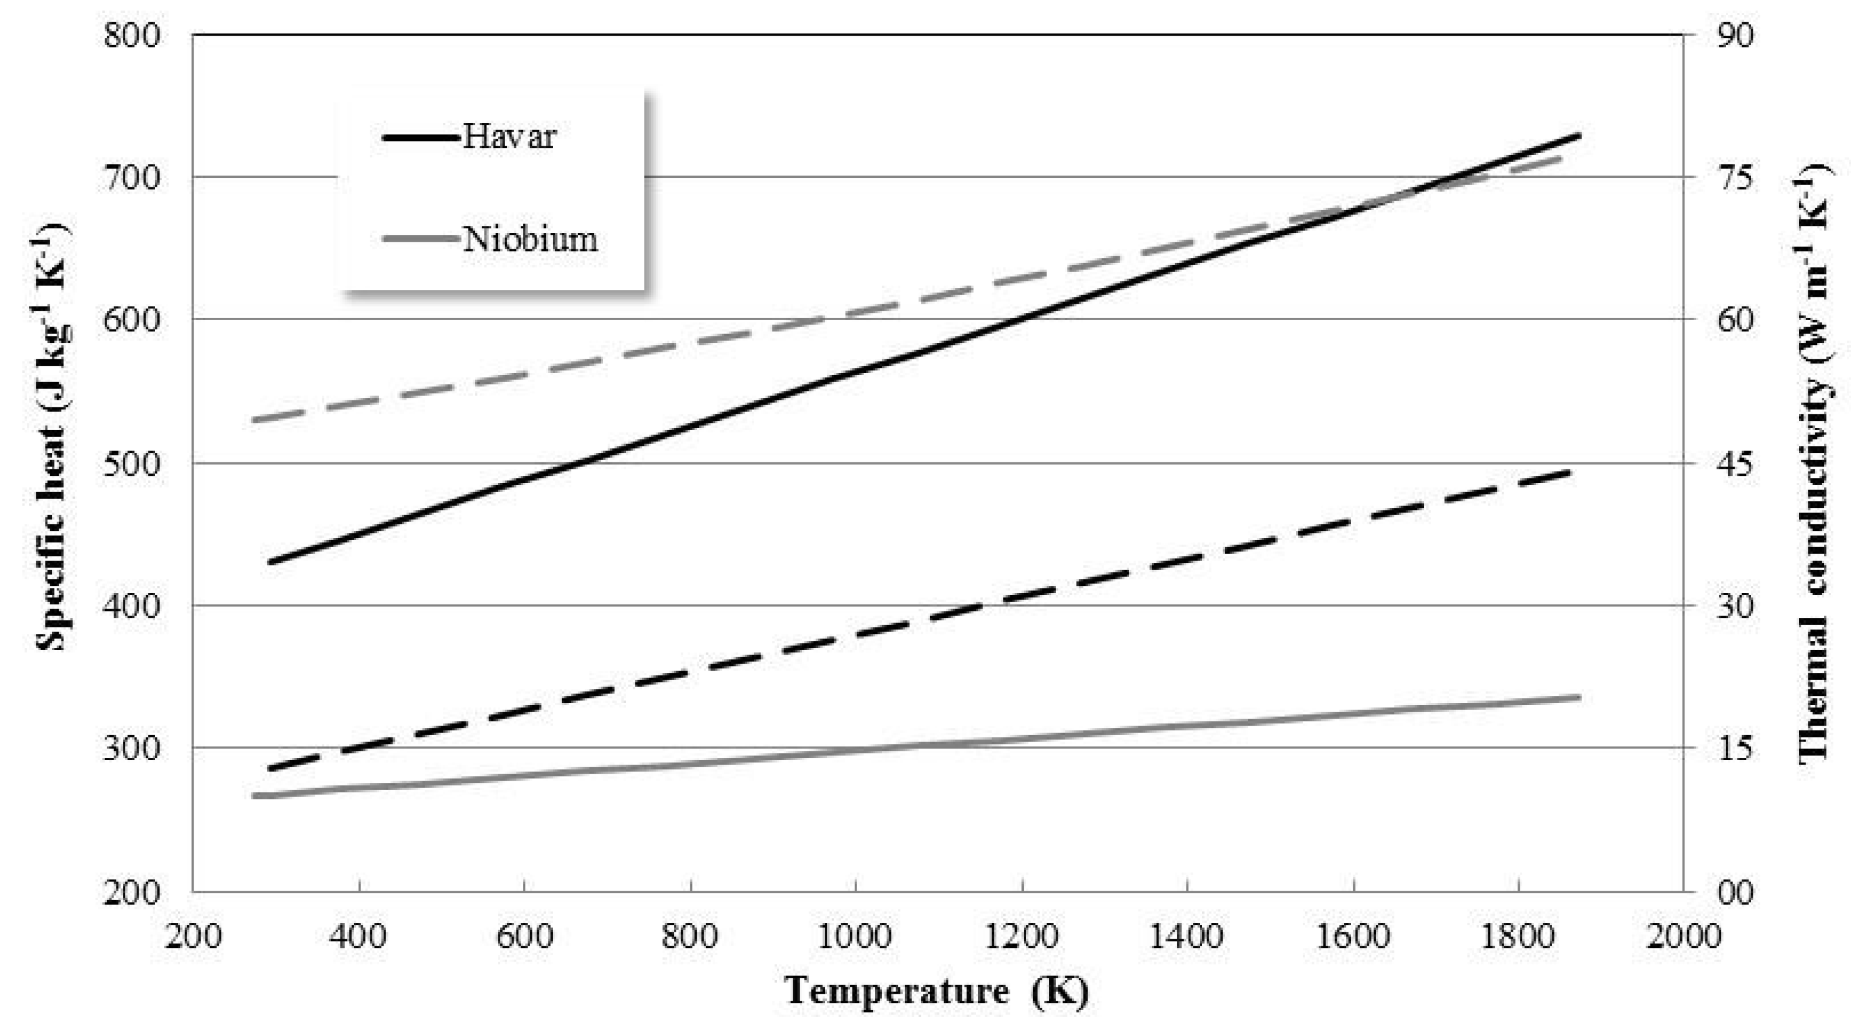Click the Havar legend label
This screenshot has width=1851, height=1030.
coord(509,136)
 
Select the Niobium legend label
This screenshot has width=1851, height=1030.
coord(529,239)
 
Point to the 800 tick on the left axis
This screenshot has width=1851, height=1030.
coord(132,35)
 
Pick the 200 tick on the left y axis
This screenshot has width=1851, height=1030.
coord(132,892)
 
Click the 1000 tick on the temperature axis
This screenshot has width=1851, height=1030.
coord(855,936)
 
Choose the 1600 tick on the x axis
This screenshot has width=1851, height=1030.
coord(1353,936)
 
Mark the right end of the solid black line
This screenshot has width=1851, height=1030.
coord(1580,135)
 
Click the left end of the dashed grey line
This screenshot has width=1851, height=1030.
coord(253,420)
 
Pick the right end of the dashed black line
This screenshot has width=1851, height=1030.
coord(1570,472)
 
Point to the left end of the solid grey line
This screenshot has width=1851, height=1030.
coord(253,796)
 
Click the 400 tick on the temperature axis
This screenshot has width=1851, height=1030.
coord(358,936)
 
